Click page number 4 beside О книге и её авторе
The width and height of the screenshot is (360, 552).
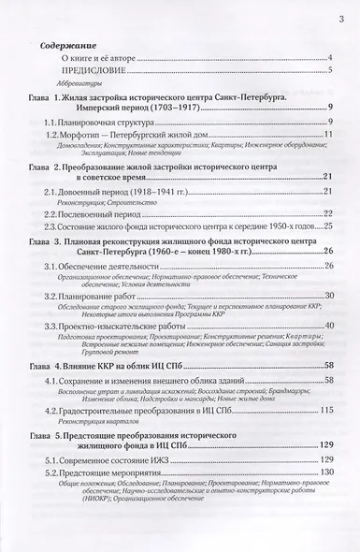click(330, 59)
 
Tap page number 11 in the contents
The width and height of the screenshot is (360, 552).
click(328, 154)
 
